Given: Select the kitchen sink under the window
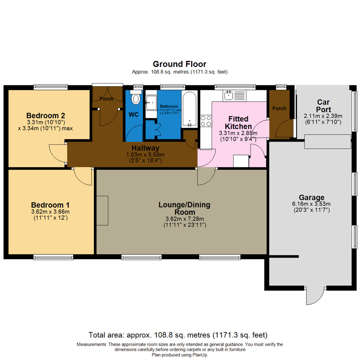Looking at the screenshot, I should click(229, 96).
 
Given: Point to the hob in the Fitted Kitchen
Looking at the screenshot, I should click(205, 121).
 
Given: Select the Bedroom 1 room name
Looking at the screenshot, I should click(50, 205).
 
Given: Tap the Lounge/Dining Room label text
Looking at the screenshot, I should click(184, 208).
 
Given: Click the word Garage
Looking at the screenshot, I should click(311, 198).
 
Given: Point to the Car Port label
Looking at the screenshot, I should click(324, 105).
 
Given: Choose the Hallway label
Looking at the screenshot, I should click(145, 148).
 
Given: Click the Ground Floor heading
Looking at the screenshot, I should click(179, 64).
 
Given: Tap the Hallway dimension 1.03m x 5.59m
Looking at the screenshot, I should click(145, 154).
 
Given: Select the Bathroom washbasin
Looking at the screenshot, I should click(151, 100).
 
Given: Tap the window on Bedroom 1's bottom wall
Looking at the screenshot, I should click(53, 257).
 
